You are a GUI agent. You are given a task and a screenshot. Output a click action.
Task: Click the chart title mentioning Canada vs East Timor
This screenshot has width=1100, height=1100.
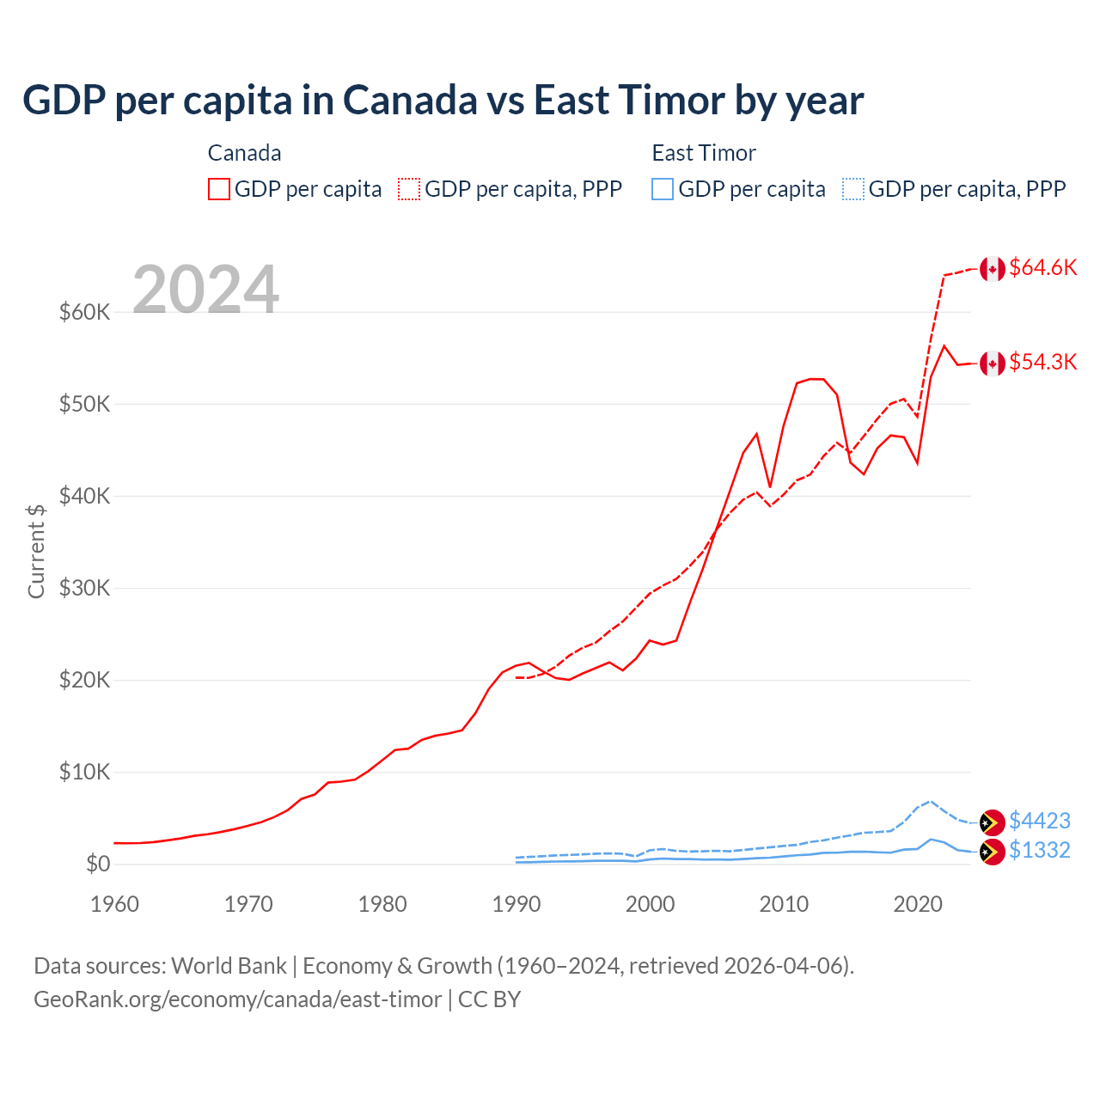click(443, 101)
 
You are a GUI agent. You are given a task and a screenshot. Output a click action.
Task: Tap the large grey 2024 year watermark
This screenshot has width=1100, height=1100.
click(205, 290)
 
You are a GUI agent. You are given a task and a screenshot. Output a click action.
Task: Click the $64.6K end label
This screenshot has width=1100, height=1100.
click(1042, 268)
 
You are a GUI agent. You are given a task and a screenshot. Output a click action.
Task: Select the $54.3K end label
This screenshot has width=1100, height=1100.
click(1042, 363)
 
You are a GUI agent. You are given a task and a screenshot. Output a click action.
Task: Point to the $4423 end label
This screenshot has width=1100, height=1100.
click(1039, 822)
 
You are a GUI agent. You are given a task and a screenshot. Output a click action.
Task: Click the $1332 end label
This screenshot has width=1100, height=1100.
click(1039, 851)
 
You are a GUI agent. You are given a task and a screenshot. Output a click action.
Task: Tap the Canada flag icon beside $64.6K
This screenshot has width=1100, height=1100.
click(993, 269)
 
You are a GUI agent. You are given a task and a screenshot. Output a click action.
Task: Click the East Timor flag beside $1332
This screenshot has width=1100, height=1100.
click(993, 852)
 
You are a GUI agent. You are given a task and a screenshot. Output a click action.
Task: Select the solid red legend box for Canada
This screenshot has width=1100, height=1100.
click(219, 189)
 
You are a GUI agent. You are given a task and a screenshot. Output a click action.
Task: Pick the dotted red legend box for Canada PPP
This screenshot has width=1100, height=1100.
click(409, 189)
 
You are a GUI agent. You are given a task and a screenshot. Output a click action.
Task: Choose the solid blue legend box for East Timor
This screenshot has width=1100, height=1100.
click(663, 189)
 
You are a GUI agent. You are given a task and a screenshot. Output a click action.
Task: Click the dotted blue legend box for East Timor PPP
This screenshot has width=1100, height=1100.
click(853, 189)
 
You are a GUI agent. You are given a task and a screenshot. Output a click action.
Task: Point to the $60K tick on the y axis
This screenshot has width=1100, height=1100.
click(84, 312)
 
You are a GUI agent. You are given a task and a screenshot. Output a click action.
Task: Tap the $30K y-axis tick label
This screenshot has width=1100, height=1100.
click(84, 589)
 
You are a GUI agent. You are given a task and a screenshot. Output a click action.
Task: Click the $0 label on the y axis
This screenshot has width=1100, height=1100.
click(97, 865)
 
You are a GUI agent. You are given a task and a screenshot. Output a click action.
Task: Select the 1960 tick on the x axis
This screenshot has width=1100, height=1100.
click(114, 904)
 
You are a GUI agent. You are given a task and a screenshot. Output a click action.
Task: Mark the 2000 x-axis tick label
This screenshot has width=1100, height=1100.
click(650, 904)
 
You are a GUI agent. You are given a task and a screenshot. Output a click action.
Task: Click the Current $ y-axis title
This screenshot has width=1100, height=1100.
click(36, 551)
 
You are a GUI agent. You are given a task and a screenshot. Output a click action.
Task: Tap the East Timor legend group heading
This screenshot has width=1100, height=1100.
click(703, 153)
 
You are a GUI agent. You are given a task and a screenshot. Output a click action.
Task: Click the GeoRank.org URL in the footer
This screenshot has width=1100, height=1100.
click(237, 999)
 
